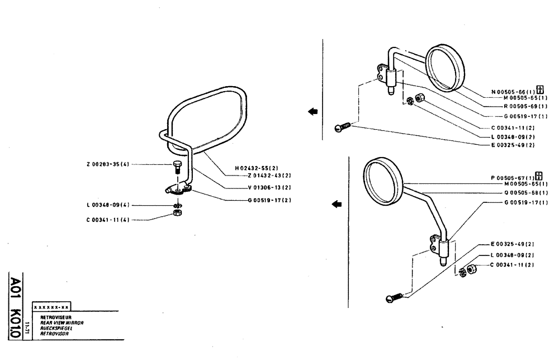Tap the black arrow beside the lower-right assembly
337,204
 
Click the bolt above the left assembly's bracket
178,166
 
